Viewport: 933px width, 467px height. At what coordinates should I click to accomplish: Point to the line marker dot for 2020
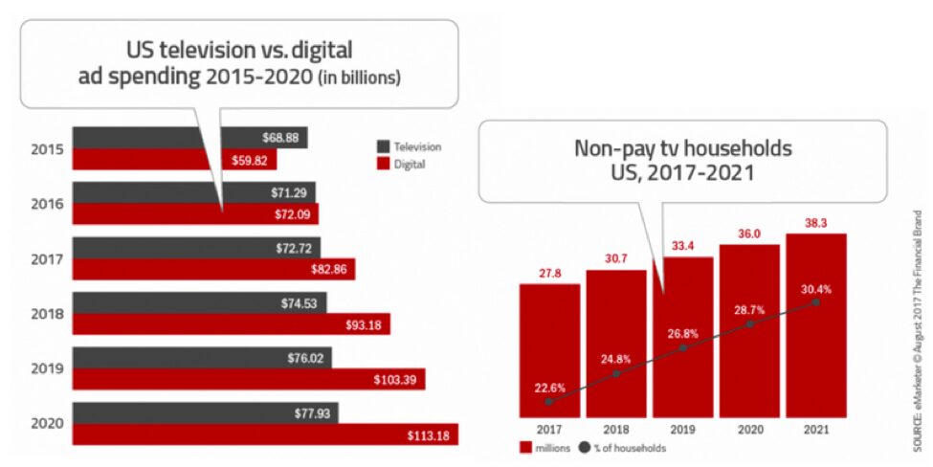(750, 323)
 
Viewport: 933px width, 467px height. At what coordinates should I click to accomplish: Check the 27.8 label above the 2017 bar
(549, 274)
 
